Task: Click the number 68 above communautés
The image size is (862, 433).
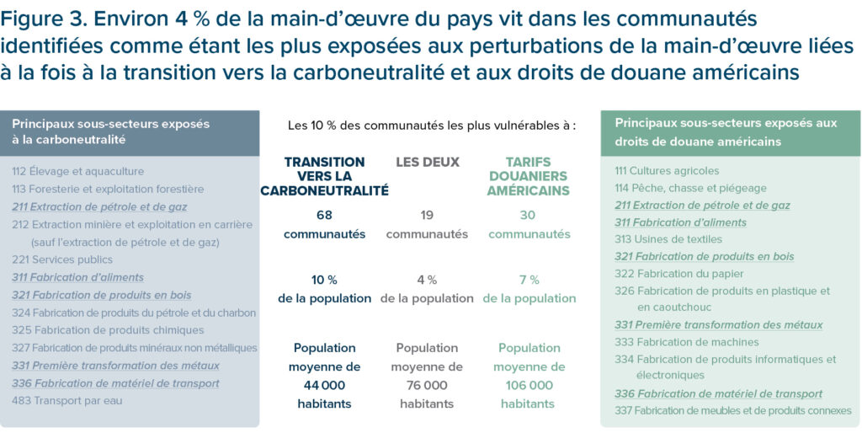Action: [324, 215]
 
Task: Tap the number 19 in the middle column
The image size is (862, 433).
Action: [427, 215]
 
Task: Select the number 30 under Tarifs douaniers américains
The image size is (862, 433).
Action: [529, 215]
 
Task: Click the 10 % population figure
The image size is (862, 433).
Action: [324, 280]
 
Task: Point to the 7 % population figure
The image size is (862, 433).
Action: [529, 280]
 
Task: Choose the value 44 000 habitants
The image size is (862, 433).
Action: [324, 385]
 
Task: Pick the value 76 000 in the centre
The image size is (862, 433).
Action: [427, 385]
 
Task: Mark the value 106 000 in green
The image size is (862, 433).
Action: [529, 385]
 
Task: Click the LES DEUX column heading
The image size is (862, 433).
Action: [427, 162]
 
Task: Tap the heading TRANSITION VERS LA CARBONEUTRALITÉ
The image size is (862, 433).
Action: [324, 176]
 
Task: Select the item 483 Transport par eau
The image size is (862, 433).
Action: [67, 401]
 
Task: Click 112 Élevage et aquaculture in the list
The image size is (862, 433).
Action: [78, 171]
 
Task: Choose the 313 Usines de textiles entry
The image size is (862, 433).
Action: [668, 239]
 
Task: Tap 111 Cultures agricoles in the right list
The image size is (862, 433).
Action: [667, 171]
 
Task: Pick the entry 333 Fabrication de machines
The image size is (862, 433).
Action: [686, 342]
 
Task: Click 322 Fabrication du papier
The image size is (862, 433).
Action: [679, 274]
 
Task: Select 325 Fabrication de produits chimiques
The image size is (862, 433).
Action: [108, 330]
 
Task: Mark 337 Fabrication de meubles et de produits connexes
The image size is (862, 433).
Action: [732, 410]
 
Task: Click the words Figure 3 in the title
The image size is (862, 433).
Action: [41, 19]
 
